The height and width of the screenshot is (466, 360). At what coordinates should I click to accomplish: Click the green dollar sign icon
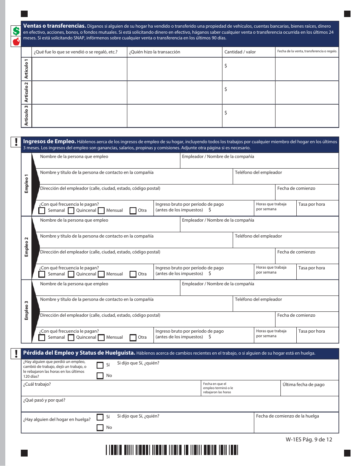[16, 31]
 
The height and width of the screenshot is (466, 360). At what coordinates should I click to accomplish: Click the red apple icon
[16, 42]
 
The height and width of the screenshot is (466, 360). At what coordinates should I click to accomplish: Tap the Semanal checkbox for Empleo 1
[42, 211]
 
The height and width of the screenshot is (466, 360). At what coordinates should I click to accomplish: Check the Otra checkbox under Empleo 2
[133, 274]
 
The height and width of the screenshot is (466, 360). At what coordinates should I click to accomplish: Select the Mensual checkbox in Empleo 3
[101, 338]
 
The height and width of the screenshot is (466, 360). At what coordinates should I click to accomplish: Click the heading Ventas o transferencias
[55, 26]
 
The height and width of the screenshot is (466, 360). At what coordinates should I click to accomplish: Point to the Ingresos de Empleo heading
[50, 141]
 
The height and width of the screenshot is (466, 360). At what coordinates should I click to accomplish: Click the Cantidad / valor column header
[240, 52]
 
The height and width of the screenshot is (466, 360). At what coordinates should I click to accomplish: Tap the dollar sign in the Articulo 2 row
[226, 89]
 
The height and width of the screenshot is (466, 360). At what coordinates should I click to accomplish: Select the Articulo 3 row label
[27, 116]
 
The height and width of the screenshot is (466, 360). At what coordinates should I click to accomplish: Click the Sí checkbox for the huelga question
[100, 417]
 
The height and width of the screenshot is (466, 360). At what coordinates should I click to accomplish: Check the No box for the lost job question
[100, 376]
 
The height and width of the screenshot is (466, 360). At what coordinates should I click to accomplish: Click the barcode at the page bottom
[172, 450]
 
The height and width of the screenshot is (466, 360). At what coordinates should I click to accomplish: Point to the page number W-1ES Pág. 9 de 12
[309, 439]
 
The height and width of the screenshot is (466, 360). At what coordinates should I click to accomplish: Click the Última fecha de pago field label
[304, 385]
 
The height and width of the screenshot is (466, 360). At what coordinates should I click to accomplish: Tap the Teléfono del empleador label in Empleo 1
[258, 172]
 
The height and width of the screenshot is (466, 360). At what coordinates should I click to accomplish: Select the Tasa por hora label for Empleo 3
[311, 331]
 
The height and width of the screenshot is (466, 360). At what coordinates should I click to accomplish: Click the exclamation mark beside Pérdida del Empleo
[16, 353]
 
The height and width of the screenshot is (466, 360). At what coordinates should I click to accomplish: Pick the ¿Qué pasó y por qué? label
[44, 400]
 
